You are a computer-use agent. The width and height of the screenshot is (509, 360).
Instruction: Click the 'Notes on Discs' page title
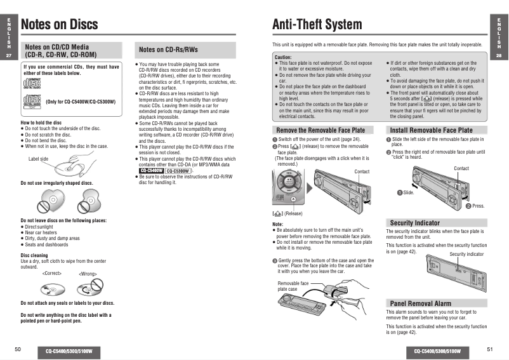[x=60, y=25]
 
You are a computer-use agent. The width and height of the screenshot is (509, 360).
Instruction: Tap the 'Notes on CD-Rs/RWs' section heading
[x=168, y=50]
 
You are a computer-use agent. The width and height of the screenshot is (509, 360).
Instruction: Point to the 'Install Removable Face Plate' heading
[x=431, y=130]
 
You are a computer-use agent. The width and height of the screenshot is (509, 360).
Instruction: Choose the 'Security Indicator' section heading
[x=414, y=223]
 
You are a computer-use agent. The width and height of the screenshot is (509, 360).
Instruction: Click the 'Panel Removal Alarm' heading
[x=420, y=303]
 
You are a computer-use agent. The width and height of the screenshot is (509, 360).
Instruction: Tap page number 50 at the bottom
[x=18, y=349]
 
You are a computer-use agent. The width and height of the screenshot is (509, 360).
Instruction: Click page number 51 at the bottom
[x=490, y=349]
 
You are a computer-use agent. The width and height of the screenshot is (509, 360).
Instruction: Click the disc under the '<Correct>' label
[x=53, y=288]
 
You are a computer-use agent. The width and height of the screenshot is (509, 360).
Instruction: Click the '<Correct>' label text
[x=53, y=273]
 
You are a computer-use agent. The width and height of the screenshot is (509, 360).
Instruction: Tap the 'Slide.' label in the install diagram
[x=408, y=192]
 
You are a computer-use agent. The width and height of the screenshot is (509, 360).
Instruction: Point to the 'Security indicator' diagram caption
[x=467, y=254]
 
